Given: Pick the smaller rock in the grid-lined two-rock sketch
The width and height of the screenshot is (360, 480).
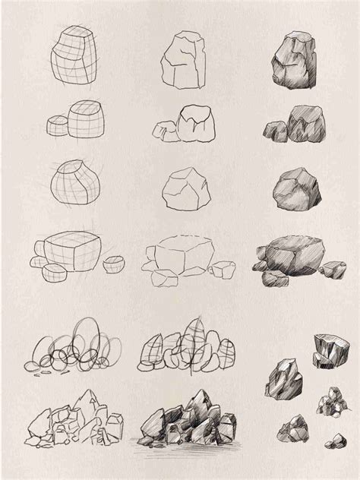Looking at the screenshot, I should (57, 125).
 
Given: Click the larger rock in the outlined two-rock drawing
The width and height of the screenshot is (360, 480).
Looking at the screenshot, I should (194, 124).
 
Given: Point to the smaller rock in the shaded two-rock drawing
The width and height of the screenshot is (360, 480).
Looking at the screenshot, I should (273, 131).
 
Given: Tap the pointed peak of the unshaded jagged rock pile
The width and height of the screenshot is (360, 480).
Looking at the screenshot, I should (90, 394).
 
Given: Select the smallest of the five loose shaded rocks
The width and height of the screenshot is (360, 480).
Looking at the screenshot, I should (334, 441).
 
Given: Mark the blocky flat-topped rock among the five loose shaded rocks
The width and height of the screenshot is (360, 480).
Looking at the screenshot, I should (327, 349).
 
